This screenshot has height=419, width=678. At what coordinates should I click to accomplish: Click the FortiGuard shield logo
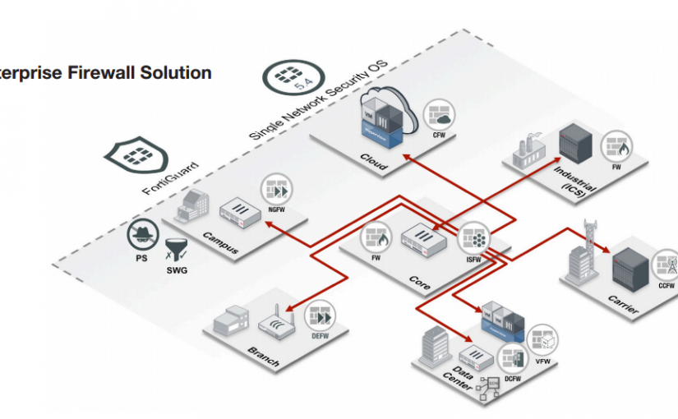click(x=136, y=154)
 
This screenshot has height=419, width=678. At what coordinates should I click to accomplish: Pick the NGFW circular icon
click(x=276, y=190)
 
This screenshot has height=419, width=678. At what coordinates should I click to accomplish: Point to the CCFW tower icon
click(x=665, y=265)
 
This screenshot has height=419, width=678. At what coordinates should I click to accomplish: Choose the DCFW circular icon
click(x=513, y=360)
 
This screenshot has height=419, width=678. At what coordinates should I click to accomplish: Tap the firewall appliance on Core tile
click(x=423, y=241)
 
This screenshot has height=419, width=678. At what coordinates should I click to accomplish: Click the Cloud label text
click(x=374, y=160)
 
